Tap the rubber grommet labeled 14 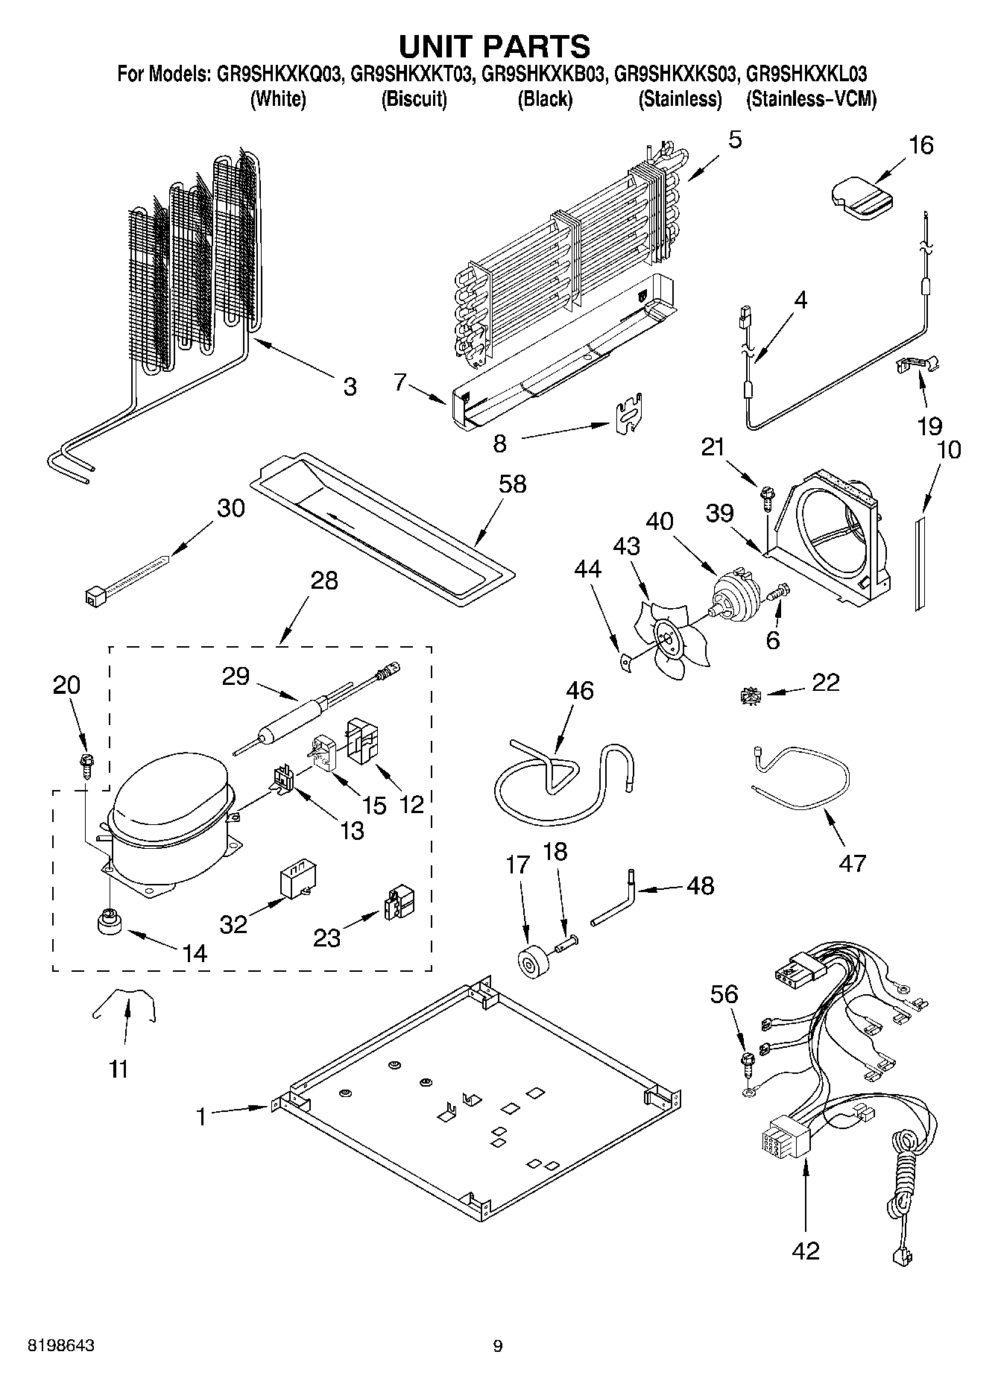pos(110,921)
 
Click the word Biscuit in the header pos(414,100)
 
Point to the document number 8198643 pos(61,1346)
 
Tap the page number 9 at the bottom pos(498,1346)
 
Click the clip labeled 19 pos(915,363)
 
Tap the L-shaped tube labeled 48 pos(616,903)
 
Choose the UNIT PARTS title pos(495,46)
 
